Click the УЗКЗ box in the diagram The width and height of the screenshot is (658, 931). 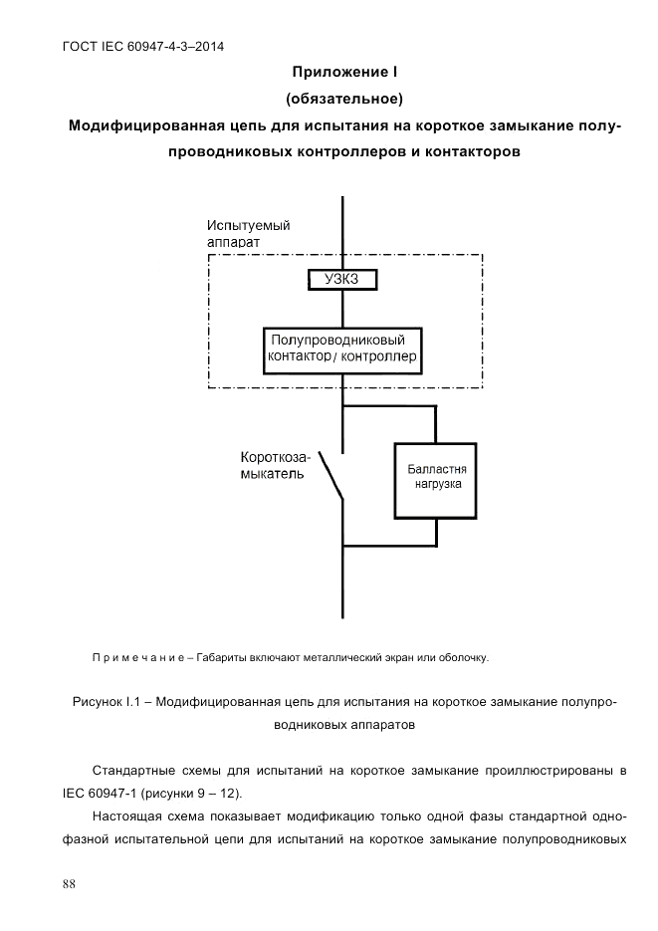341,280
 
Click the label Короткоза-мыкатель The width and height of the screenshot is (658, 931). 274,466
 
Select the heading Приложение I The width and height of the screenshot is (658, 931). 343,73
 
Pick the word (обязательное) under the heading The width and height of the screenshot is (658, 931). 343,99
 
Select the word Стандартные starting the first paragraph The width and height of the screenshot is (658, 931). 134,771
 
